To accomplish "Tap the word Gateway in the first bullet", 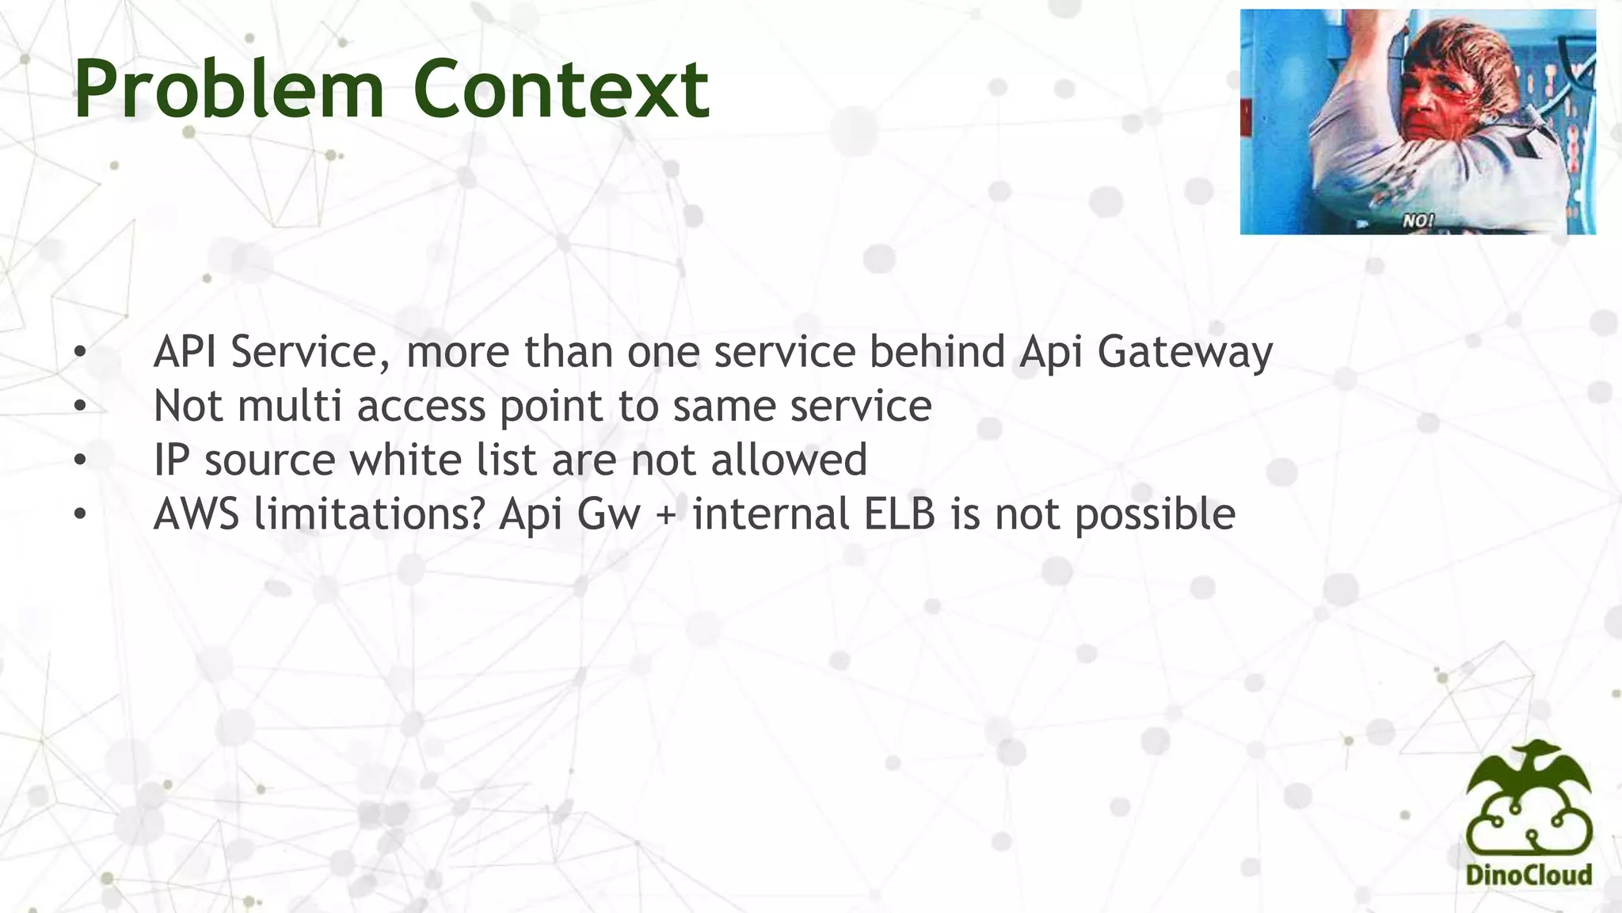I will (x=1185, y=353).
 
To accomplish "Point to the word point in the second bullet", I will (x=551, y=407).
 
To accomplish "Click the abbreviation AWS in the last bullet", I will (x=196, y=514).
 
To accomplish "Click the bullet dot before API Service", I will (x=79, y=353).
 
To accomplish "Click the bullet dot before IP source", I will (x=79, y=460).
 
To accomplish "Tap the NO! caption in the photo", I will (x=1418, y=221).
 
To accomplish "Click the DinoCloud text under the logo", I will (x=1529, y=875).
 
